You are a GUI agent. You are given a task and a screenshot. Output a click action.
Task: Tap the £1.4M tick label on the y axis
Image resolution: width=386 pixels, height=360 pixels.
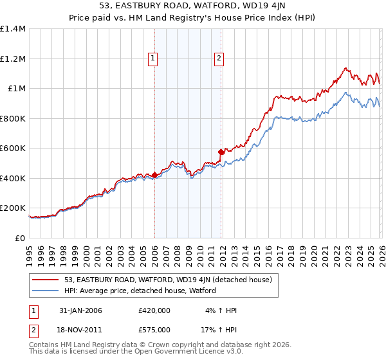(x=13, y=29)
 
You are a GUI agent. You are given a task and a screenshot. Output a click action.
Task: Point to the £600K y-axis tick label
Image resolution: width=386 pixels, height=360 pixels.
(x=13, y=148)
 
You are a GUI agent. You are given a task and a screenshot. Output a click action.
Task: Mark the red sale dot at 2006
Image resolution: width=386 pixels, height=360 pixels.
(x=154, y=175)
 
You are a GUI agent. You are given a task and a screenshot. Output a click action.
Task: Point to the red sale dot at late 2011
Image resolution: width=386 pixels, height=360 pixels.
(x=221, y=152)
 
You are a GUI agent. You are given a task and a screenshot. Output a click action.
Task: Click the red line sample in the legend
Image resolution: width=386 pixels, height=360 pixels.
(x=46, y=280)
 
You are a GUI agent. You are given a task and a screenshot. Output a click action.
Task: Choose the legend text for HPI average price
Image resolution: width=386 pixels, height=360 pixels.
(x=140, y=291)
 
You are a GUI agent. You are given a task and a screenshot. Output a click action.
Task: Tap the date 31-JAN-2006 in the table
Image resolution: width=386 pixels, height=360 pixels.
(x=80, y=310)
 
